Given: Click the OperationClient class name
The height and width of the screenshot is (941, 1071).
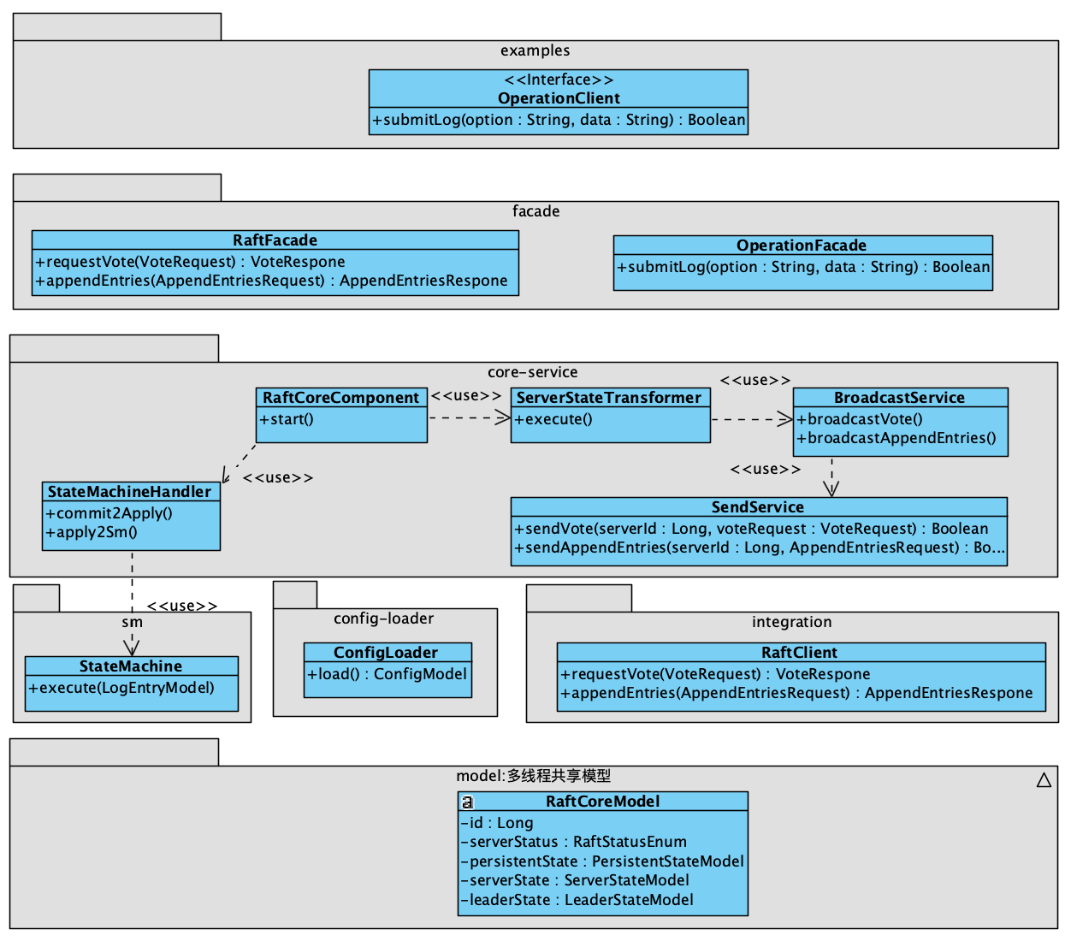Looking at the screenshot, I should coord(559,98).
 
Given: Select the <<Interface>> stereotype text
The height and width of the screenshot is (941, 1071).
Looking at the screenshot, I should coord(559,80).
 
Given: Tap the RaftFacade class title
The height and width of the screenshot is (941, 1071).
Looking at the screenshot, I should coord(275,240).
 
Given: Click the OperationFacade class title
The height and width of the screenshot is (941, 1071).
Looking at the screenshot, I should coord(802,246).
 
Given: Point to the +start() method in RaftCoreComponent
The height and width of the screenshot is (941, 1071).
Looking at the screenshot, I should coord(287,419).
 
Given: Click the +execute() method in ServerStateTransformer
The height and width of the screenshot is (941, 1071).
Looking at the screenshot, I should coord(553,419).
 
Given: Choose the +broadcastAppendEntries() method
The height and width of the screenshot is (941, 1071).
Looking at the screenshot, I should coord(896,438).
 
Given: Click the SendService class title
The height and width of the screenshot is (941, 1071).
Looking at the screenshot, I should coord(758,507).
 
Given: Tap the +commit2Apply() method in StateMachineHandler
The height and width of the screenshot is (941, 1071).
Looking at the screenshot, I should coord(109,513).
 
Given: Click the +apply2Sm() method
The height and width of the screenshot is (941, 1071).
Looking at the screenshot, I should coord(92,532).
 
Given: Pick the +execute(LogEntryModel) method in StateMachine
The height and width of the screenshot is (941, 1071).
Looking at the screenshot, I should coord(121,688).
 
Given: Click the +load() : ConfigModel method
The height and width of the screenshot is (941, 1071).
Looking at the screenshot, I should coord(388,674).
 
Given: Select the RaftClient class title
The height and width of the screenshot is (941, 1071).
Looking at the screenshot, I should coord(800,653).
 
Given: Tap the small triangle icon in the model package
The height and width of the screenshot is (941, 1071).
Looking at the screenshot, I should coord(1044,780).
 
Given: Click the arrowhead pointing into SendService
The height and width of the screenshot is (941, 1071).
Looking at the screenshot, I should coord(831,488).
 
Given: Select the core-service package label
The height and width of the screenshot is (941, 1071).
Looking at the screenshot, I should coord(532,372).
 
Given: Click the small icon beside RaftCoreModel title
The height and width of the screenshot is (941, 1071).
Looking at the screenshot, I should coord(468,802).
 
